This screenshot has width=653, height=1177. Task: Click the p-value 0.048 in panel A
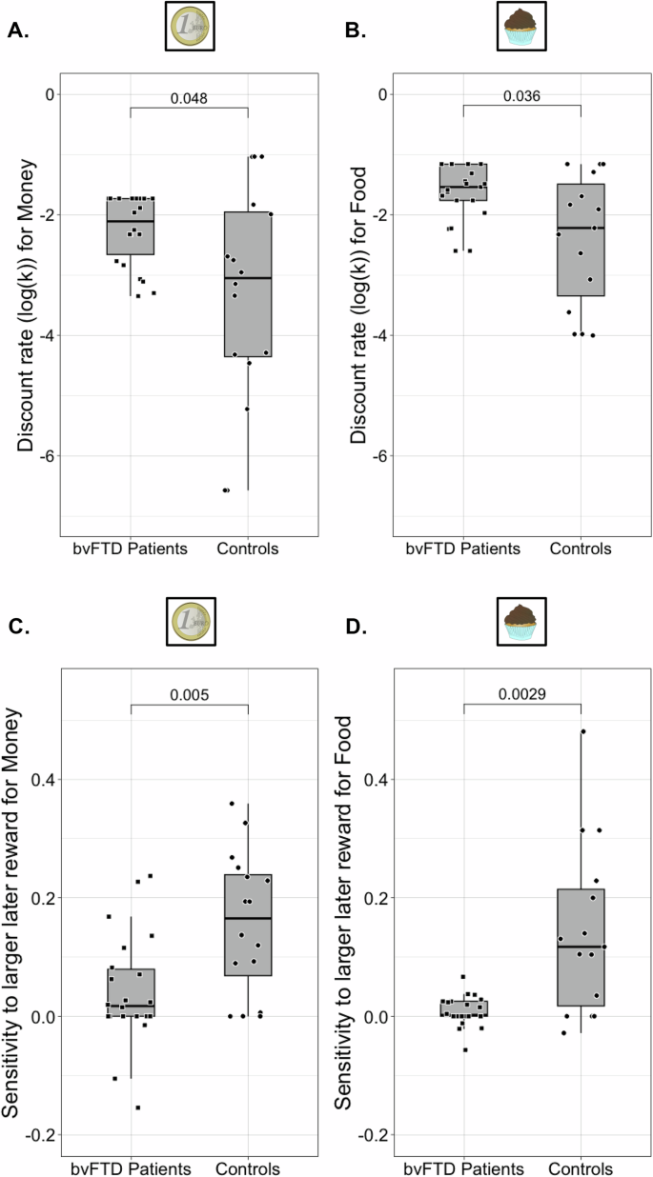coord(189,97)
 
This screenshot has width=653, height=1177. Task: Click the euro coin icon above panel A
coord(189,26)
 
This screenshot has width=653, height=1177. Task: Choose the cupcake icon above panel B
coord(521,26)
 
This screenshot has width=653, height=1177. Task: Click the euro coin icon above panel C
coord(189,622)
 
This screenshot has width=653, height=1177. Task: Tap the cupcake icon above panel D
coord(521,622)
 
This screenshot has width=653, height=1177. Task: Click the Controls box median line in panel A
coord(248,278)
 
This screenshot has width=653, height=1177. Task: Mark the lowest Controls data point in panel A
coord(226,489)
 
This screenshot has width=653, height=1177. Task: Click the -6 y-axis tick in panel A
coord(44,455)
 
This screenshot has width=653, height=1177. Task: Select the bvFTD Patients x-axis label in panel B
coord(463,549)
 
